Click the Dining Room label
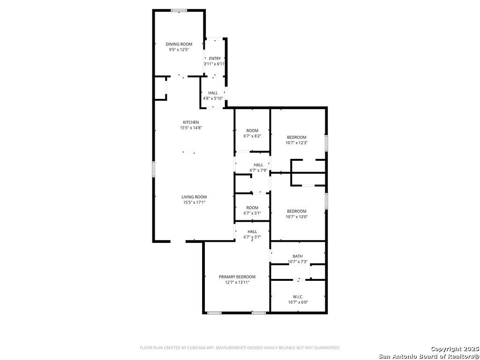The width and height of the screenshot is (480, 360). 179,44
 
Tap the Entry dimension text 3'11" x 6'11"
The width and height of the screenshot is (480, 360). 215,64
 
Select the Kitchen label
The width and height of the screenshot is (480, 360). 191,122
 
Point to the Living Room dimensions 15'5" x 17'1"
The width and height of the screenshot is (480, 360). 194,202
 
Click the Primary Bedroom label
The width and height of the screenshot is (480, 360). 237,277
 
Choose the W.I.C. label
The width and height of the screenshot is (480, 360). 298,297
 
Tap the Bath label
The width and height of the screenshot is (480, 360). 298,256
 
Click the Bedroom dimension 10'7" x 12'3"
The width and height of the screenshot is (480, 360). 297,142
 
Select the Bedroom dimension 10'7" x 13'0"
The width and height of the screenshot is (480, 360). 297,217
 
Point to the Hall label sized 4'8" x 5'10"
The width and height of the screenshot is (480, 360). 213,93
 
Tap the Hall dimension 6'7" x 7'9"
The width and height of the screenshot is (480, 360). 258,170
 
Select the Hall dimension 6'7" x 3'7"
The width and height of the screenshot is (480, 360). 252,237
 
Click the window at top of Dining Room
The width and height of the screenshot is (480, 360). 179,11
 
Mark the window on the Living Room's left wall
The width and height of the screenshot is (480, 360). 154,169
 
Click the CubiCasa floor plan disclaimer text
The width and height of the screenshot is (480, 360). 240,348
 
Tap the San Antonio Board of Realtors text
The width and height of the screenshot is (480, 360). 429,356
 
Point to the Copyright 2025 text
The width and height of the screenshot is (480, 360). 455,349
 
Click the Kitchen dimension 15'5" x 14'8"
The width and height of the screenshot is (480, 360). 191,128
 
